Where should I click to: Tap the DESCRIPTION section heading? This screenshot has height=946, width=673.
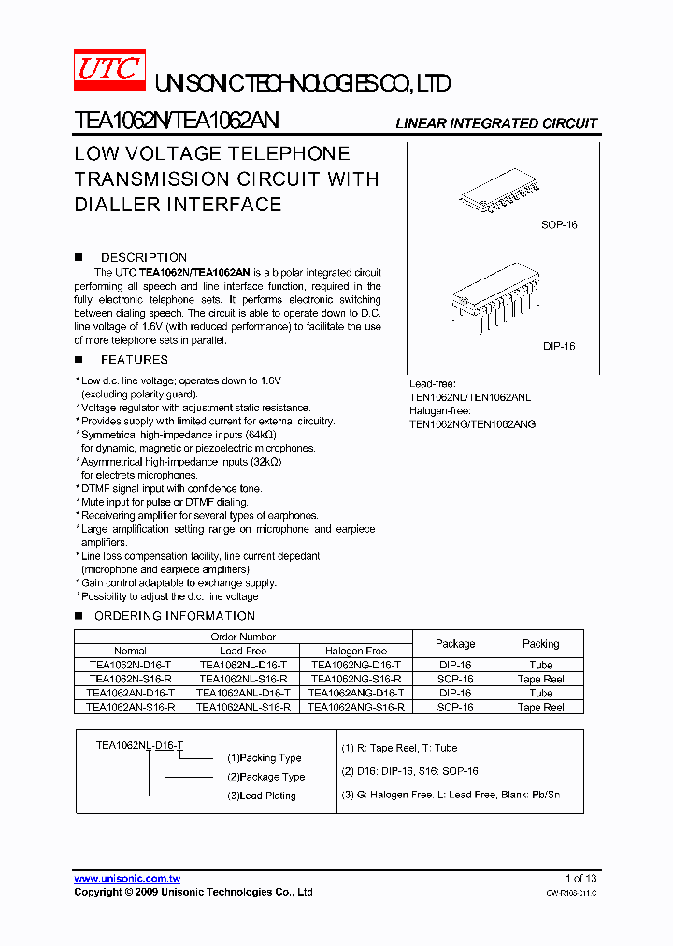pos(143,257)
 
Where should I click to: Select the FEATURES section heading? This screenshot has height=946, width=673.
pos(134,360)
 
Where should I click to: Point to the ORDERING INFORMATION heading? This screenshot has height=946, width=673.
pos(174,616)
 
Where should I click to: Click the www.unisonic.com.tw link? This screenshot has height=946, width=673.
pos(127,879)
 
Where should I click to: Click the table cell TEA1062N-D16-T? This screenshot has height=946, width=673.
pos(130,665)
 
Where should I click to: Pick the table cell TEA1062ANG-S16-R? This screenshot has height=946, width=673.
pos(356,708)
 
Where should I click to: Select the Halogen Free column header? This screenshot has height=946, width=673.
pos(356,651)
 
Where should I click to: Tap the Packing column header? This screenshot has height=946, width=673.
pos(540,643)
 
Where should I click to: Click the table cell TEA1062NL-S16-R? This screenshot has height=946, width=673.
pos(243,680)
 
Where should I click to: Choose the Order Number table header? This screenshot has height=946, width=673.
pos(243,637)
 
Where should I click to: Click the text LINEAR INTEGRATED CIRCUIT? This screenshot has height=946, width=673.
pos(496,123)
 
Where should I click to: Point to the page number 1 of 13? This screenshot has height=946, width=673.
pos(580,879)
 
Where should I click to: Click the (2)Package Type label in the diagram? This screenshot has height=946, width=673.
pos(265,777)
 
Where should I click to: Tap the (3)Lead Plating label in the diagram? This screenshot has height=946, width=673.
pos(261,795)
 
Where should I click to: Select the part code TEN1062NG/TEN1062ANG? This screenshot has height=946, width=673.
pos(472,423)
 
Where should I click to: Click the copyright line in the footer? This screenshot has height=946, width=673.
pos(193,893)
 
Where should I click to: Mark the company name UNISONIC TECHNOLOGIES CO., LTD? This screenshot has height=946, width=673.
pos(302,84)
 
